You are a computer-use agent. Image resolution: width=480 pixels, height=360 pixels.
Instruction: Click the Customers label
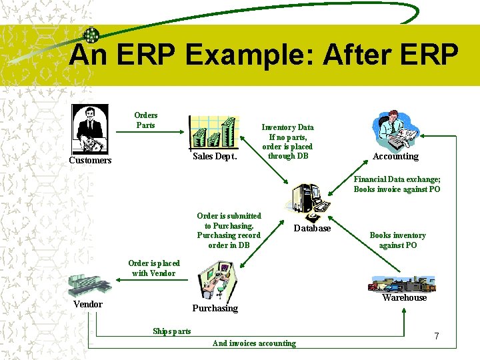(91, 161)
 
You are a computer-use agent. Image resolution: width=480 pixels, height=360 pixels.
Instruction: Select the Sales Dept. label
(215, 157)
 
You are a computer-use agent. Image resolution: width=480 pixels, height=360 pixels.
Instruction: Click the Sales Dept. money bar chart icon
(213, 131)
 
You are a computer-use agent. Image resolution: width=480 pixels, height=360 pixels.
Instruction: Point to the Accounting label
(395, 157)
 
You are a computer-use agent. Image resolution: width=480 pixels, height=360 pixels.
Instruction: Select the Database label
(312, 229)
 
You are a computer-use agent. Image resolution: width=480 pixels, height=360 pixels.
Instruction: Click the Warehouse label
(404, 298)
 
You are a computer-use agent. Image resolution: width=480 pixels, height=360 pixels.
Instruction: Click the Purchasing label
(215, 308)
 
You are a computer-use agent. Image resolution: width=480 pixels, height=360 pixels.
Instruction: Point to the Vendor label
(88, 305)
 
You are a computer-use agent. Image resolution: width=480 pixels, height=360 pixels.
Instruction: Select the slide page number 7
(436, 336)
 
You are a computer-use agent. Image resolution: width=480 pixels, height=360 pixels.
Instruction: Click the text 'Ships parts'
(171, 331)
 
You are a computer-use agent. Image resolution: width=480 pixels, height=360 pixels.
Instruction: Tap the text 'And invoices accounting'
(254, 343)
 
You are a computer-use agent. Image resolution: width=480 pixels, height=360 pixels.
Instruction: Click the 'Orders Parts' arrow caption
(145, 120)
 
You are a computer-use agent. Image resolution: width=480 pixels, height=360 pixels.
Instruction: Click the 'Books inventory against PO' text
(397, 240)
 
